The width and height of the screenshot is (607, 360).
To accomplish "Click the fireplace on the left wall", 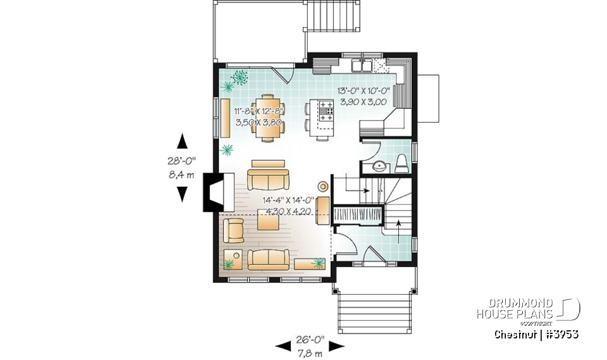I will point(212,192).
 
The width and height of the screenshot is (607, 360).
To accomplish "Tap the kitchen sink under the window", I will point(361,65).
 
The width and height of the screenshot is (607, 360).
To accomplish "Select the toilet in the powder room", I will point(402,164).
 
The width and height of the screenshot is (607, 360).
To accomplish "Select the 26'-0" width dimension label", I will point(310,338).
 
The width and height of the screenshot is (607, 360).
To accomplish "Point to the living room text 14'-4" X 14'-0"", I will point(289,200).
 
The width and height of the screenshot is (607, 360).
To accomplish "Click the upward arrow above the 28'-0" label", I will point(182,140).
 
